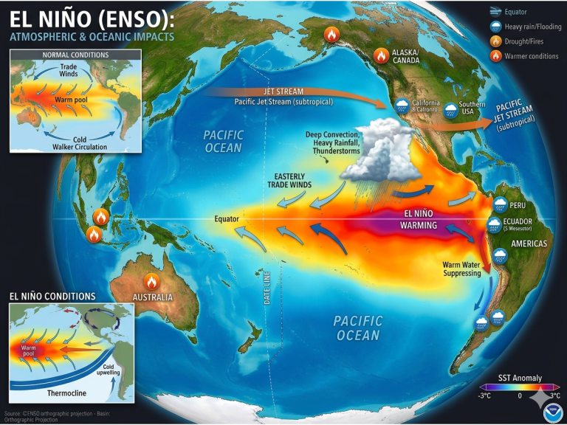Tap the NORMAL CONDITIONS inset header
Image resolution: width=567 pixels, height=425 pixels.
[x=75, y=55]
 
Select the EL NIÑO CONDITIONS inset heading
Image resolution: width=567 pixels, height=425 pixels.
[x=52, y=296]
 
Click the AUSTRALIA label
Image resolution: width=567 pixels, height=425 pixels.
[x=152, y=297]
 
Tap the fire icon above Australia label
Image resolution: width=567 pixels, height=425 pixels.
[x=151, y=281]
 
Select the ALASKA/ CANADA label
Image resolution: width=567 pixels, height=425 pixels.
[x=406, y=57]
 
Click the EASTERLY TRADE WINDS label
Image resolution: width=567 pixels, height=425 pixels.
[x=292, y=180]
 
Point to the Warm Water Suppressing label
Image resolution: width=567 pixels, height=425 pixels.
[x=462, y=269]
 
